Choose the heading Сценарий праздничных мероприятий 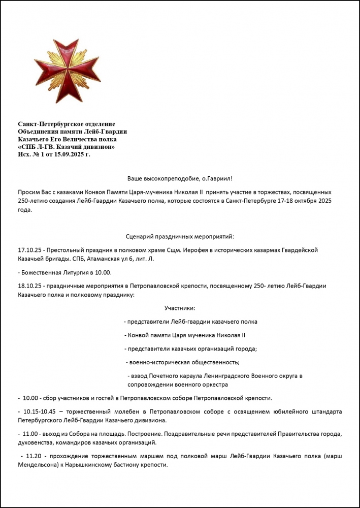pos(179,236)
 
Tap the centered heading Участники pos(179,308)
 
